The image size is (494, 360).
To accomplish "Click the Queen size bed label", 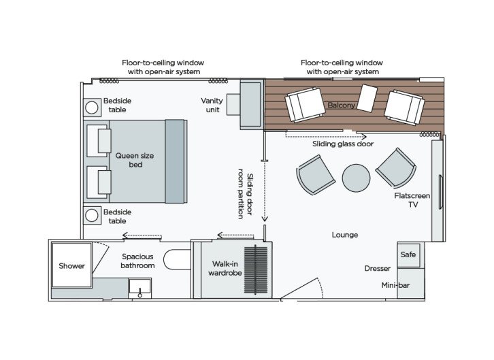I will point(135,161).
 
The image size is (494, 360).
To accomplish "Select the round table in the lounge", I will point(356,178).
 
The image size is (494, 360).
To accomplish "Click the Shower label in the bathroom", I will point(71,265).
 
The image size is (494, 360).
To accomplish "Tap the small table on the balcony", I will point(367,98).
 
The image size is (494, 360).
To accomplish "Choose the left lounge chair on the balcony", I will point(305,105).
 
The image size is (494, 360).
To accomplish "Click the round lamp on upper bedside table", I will point(92,108).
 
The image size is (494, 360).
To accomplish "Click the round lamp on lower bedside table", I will point(92,216).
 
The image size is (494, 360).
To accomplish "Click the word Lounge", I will point(345,235).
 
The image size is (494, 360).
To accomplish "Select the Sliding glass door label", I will point(343,144).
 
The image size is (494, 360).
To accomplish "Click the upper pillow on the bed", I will point(103,140).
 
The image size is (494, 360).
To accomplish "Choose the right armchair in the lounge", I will point(395,167).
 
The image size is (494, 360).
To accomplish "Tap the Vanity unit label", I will point(212,105).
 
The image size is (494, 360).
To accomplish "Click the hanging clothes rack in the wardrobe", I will point(258,270).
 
